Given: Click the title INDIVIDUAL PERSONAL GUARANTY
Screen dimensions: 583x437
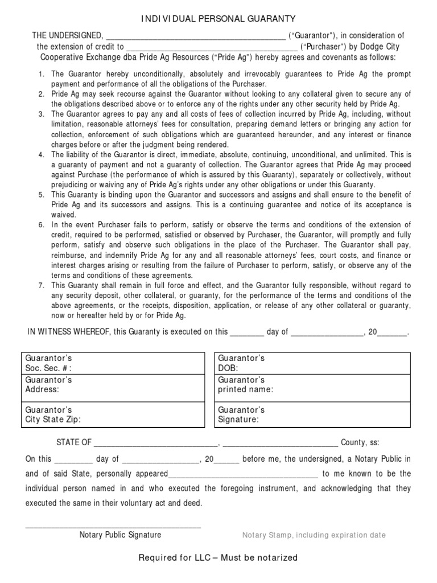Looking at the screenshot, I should pos(218,20).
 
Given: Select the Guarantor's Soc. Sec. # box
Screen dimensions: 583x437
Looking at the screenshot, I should pos(114,363).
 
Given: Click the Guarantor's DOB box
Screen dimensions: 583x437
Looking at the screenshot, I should pos(312,363).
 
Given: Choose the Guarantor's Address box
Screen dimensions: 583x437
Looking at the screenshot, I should pos(114,385).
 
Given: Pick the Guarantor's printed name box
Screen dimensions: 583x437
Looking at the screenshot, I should pos(312,385).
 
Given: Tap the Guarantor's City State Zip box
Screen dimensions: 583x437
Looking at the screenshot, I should pos(114,415).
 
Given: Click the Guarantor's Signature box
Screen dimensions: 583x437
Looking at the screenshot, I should pos(312,415).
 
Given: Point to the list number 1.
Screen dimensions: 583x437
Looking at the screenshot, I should pos(41,75).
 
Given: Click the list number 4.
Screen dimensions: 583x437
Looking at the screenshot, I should pos(41,155).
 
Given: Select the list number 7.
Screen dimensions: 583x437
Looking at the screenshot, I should pos(41,285).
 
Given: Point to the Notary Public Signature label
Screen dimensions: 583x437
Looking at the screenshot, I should pos(120,535).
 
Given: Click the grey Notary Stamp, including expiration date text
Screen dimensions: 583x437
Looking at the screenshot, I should pos(314,535).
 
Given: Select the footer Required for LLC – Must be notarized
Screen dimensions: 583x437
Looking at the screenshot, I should pos(218,557).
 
